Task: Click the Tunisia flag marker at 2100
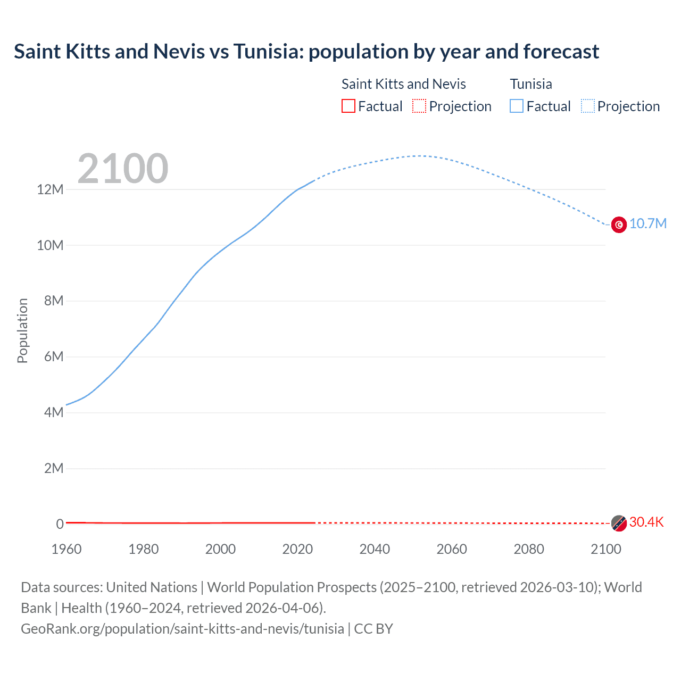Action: click(x=619, y=225)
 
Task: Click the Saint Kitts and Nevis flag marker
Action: click(x=619, y=523)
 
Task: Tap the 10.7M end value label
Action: click(x=648, y=223)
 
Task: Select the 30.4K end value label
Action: click(x=646, y=522)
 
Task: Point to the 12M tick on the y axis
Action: click(x=50, y=189)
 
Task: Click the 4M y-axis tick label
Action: click(x=53, y=412)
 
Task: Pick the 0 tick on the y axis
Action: click(x=60, y=524)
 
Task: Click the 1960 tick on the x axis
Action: click(x=67, y=549)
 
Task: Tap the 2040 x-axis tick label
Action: click(x=375, y=549)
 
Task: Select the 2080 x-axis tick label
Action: click(x=529, y=549)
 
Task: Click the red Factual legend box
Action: click(x=348, y=106)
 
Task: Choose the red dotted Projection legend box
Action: click(x=419, y=106)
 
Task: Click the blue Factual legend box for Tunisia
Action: click(x=517, y=106)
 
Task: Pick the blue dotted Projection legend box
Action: click(x=588, y=106)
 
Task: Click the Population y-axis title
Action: click(x=22, y=330)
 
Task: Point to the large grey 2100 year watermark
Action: click(x=123, y=169)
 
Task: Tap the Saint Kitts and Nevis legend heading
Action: click(x=403, y=84)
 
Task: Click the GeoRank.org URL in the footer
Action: click(x=182, y=628)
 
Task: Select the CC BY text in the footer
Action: click(x=373, y=628)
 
